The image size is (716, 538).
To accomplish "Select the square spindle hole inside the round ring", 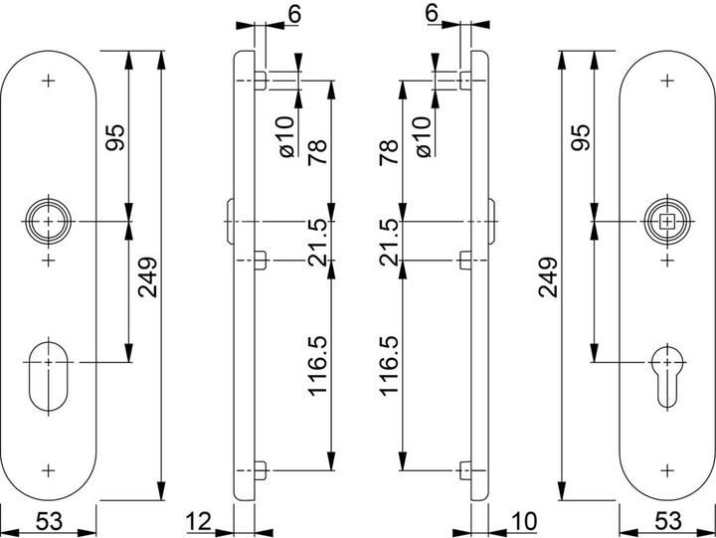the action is pos(667,222).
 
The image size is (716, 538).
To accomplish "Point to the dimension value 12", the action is pos(200,521).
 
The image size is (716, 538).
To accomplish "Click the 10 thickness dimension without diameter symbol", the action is pos(524,521).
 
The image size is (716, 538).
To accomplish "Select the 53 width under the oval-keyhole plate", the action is pos(49,521).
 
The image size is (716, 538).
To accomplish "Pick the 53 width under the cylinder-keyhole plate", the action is pos(667,521).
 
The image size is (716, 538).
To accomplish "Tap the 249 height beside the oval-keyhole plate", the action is pos(148,277).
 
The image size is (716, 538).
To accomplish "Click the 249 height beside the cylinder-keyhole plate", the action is pos(548,277).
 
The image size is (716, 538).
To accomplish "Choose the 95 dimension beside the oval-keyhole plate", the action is pos(114,137).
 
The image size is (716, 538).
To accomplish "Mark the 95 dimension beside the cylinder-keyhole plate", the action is pos(582,137).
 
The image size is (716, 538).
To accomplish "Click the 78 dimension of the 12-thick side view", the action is pos(318,152).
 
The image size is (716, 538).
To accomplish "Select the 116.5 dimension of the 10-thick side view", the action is pos(389,366).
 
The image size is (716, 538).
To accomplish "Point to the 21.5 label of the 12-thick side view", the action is pos(318,242).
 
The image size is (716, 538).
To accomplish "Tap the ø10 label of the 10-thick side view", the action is pos(423,137).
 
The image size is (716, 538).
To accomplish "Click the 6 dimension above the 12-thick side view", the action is pos(295,14).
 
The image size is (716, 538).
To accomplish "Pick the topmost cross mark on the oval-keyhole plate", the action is pos(49,81).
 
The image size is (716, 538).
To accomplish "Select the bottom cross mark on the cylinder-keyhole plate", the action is pos(667,470).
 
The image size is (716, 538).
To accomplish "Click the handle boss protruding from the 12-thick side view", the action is pos(230,222).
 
